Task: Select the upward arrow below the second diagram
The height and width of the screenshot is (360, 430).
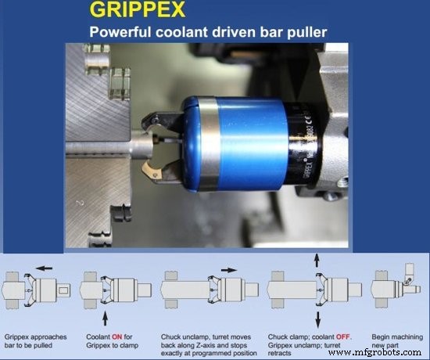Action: click(x=106, y=308)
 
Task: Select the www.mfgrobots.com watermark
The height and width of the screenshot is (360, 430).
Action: click(x=376, y=351)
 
